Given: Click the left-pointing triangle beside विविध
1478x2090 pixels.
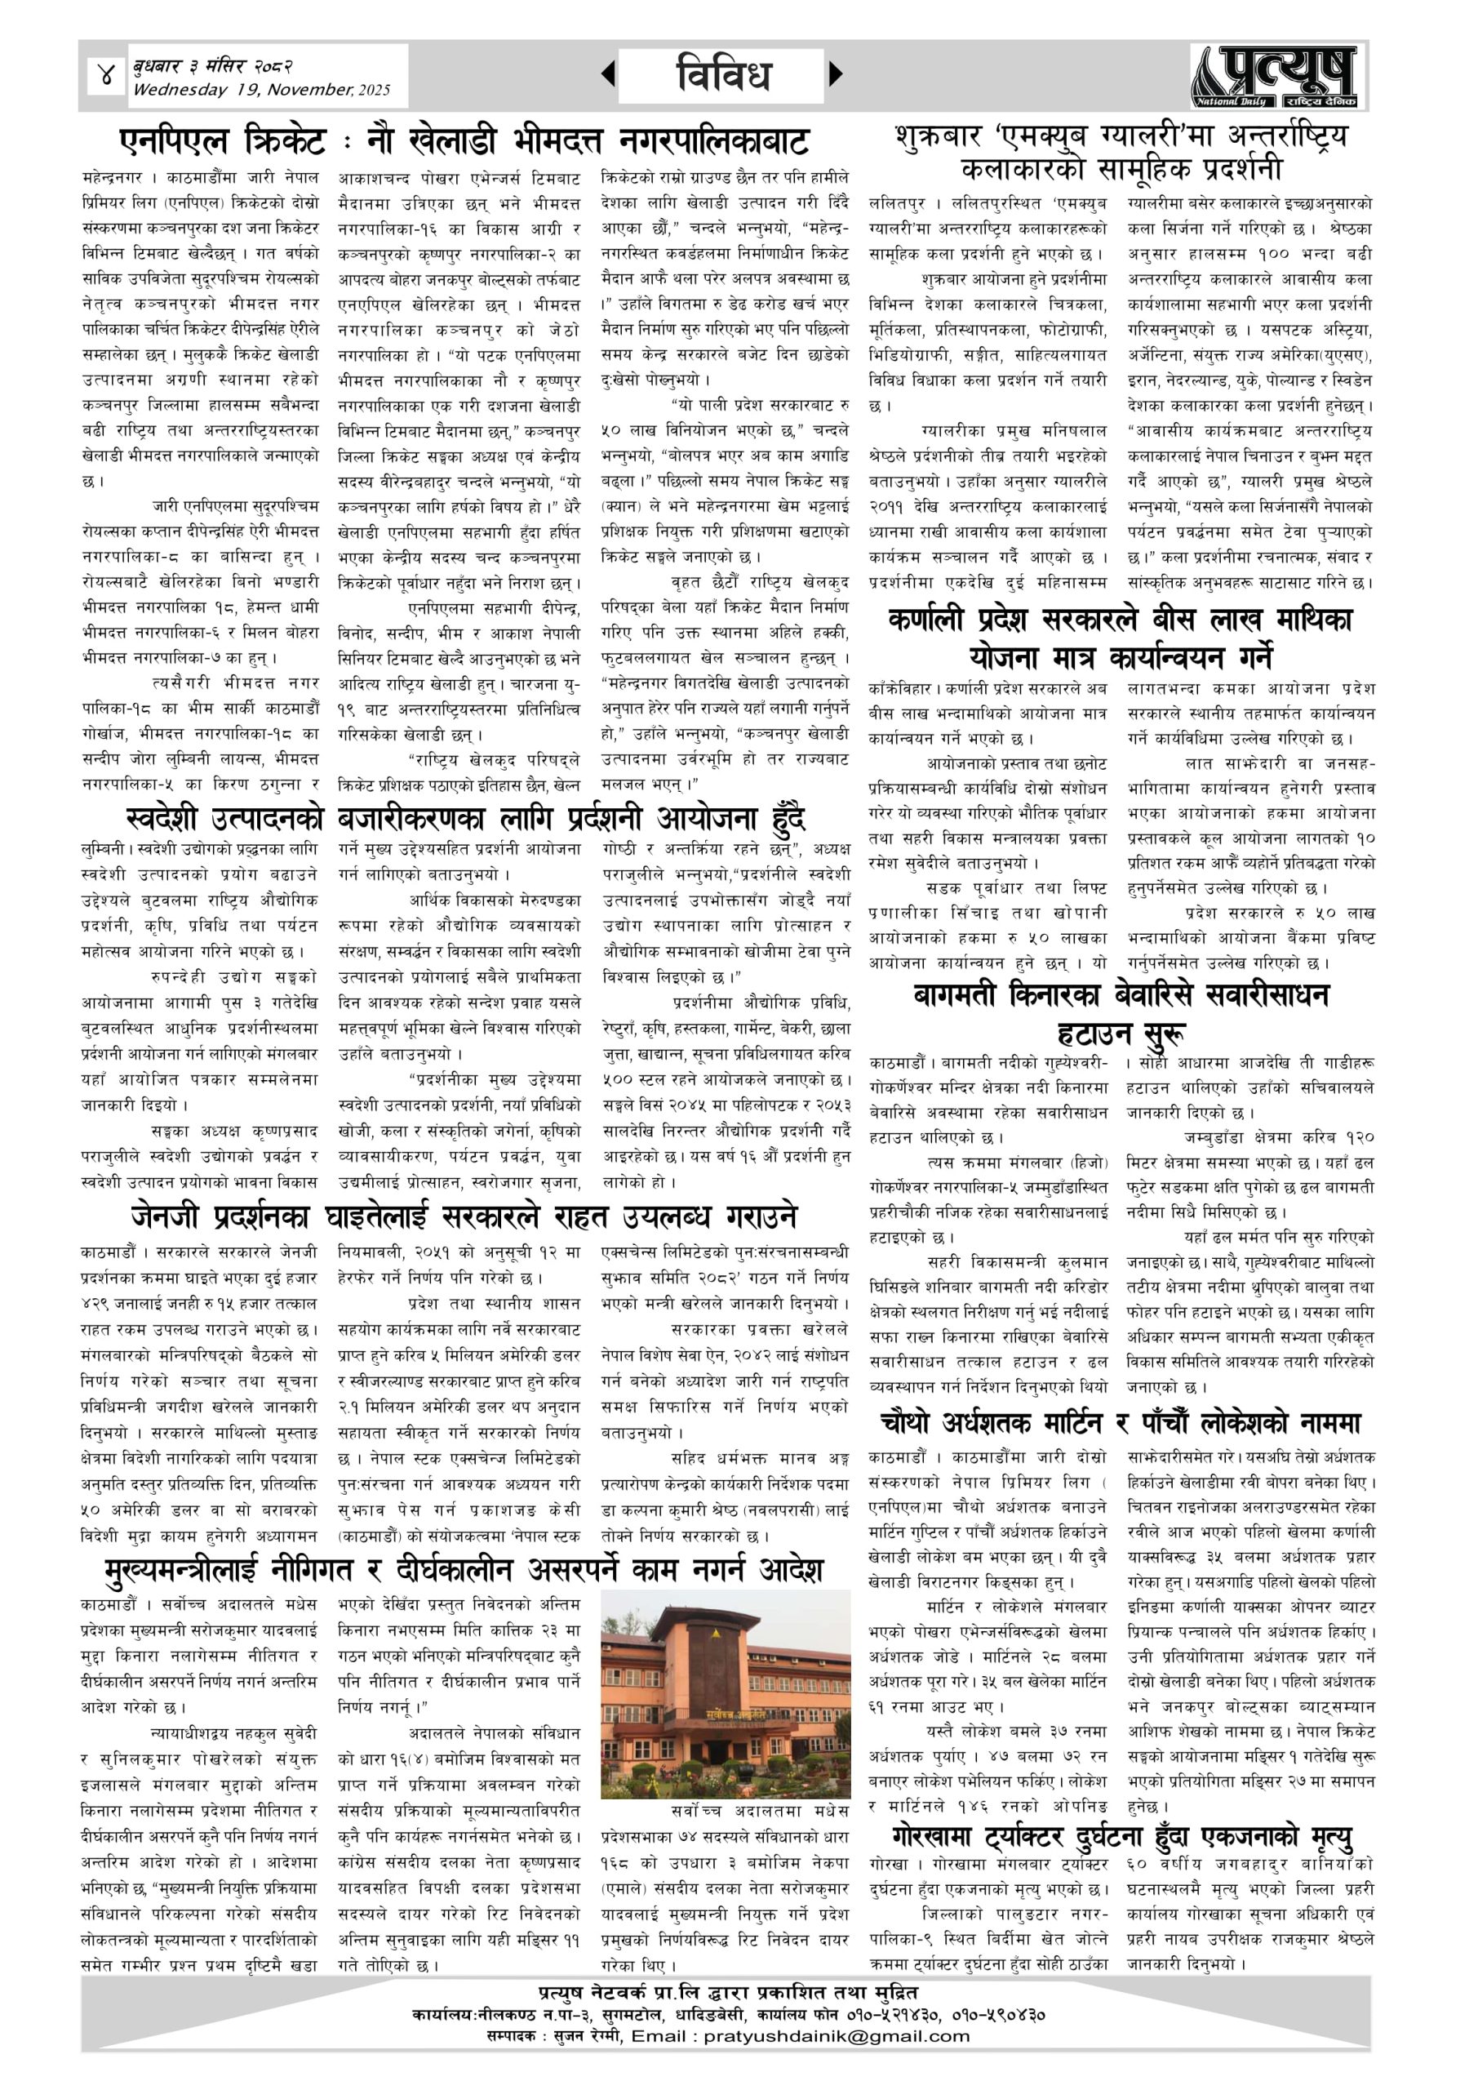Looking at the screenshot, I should [608, 74].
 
